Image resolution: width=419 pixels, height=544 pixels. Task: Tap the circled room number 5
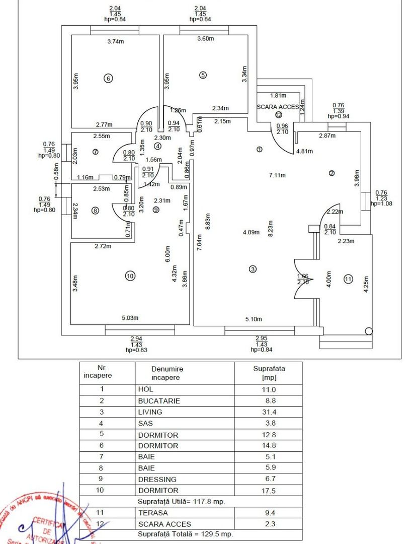point(203,75)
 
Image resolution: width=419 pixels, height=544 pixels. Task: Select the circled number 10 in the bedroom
point(130,276)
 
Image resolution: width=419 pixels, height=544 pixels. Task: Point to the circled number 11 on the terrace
point(348,279)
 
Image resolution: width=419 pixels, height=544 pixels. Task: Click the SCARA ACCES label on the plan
point(278,107)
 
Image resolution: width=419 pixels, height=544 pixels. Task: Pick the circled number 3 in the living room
point(253,269)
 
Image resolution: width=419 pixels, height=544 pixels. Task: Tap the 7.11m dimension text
point(277,175)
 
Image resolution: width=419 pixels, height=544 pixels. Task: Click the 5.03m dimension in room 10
point(130,318)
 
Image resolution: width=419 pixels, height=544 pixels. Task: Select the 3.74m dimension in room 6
point(116,42)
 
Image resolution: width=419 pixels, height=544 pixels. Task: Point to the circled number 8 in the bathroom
point(95,211)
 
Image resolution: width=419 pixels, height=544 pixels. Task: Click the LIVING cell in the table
point(150,412)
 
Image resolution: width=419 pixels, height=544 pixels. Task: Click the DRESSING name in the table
point(157,479)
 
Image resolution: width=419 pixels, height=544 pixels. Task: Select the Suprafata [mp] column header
point(269,373)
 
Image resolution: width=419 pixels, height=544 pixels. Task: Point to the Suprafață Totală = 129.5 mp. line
point(185,534)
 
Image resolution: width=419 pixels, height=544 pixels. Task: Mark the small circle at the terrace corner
point(369,331)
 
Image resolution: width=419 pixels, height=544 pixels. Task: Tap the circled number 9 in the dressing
point(156,210)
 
